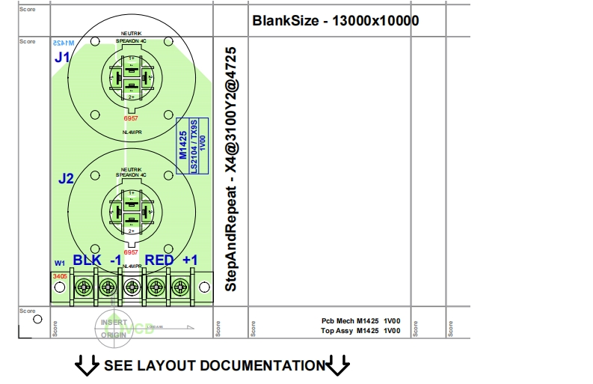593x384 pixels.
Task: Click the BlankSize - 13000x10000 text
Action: pos(336,20)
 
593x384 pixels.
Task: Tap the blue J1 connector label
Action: pos(63,58)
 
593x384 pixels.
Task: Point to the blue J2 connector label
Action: pos(66,180)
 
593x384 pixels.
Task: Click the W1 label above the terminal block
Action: pos(60,263)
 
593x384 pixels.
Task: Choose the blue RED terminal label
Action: pos(159,260)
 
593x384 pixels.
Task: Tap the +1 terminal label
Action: pos(191,260)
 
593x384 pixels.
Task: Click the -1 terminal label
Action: pos(115,260)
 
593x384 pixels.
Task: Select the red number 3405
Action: pos(60,276)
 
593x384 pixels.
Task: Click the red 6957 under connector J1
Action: pos(131,119)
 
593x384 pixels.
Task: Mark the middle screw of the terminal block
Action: pos(132,287)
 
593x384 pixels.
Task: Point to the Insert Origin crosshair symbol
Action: pos(114,326)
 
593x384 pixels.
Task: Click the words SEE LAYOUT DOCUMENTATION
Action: pos(214,366)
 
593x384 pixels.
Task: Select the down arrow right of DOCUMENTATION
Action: pos(338,366)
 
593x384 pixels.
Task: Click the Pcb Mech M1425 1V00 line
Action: pos(360,320)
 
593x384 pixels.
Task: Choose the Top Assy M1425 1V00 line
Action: pos(360,330)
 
